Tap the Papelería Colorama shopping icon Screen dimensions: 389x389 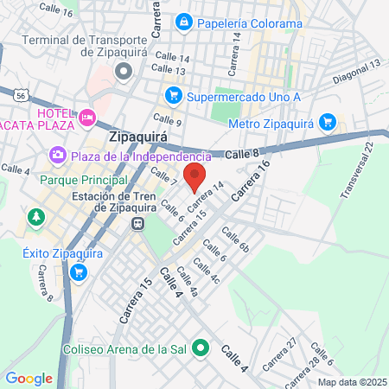[x=184, y=22]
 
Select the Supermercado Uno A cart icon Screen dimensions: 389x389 [x=173, y=94]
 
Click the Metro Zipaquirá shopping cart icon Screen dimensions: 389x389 [x=327, y=122]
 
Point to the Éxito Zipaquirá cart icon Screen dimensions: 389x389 [x=79, y=272]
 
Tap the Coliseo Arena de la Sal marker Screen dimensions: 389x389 [x=201, y=349]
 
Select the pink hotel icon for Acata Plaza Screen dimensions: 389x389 [x=86, y=116]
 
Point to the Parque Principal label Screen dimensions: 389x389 [x=84, y=180]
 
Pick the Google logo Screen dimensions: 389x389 [x=29, y=378]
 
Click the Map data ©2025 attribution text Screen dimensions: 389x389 [x=351, y=382]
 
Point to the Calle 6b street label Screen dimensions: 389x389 [x=234, y=239]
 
